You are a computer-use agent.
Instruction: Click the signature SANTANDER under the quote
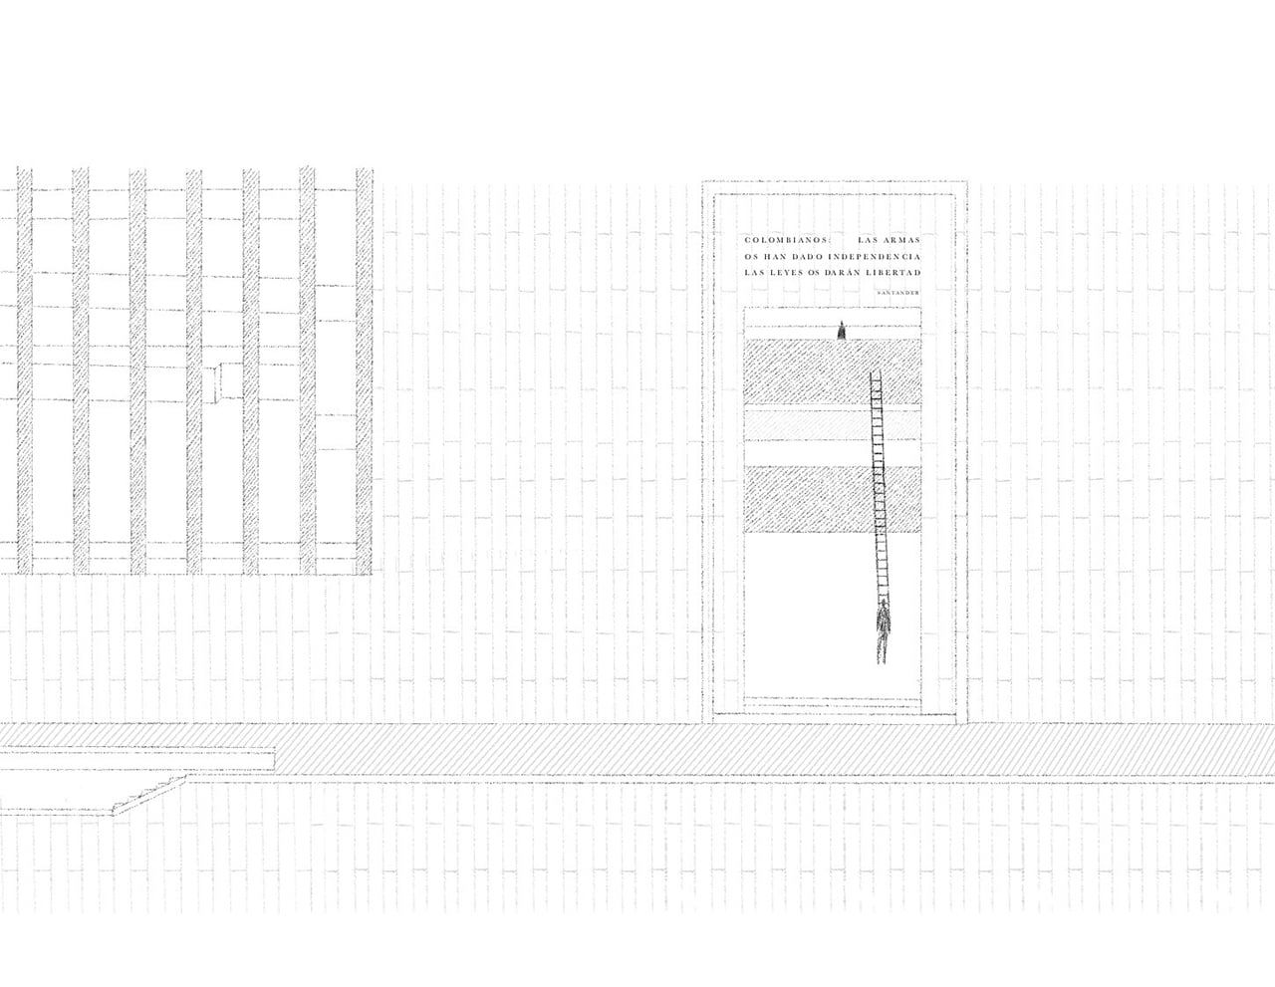[x=897, y=292]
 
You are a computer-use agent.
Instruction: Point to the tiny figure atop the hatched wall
[x=842, y=331]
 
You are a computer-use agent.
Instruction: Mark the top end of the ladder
[x=875, y=371]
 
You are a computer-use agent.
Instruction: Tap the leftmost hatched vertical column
[x=25, y=370]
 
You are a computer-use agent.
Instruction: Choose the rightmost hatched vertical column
[x=364, y=370]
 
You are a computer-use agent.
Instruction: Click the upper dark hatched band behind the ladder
[x=832, y=371]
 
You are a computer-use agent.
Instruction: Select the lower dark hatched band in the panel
[x=832, y=499]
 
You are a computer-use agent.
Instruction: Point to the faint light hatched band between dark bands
[x=832, y=425]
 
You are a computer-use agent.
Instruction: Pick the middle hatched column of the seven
[x=194, y=370]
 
